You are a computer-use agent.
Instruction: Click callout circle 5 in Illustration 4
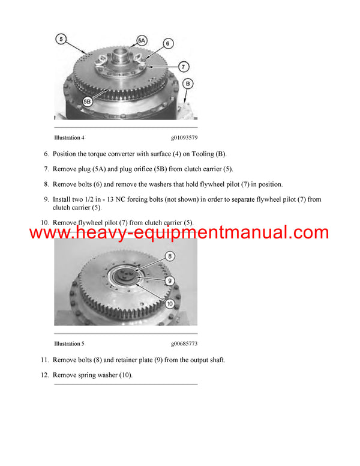click(62, 39)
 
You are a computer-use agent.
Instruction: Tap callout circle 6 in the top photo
click(168, 44)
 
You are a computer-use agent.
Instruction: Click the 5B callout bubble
click(88, 102)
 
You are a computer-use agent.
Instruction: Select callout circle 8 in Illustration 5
click(170, 256)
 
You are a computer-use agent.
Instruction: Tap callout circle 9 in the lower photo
click(170, 280)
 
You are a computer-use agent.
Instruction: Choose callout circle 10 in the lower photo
click(170, 304)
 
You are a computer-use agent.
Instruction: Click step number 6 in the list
click(46, 154)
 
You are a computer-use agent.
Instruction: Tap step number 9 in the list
click(46, 199)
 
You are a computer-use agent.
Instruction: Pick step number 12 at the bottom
click(44, 375)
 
